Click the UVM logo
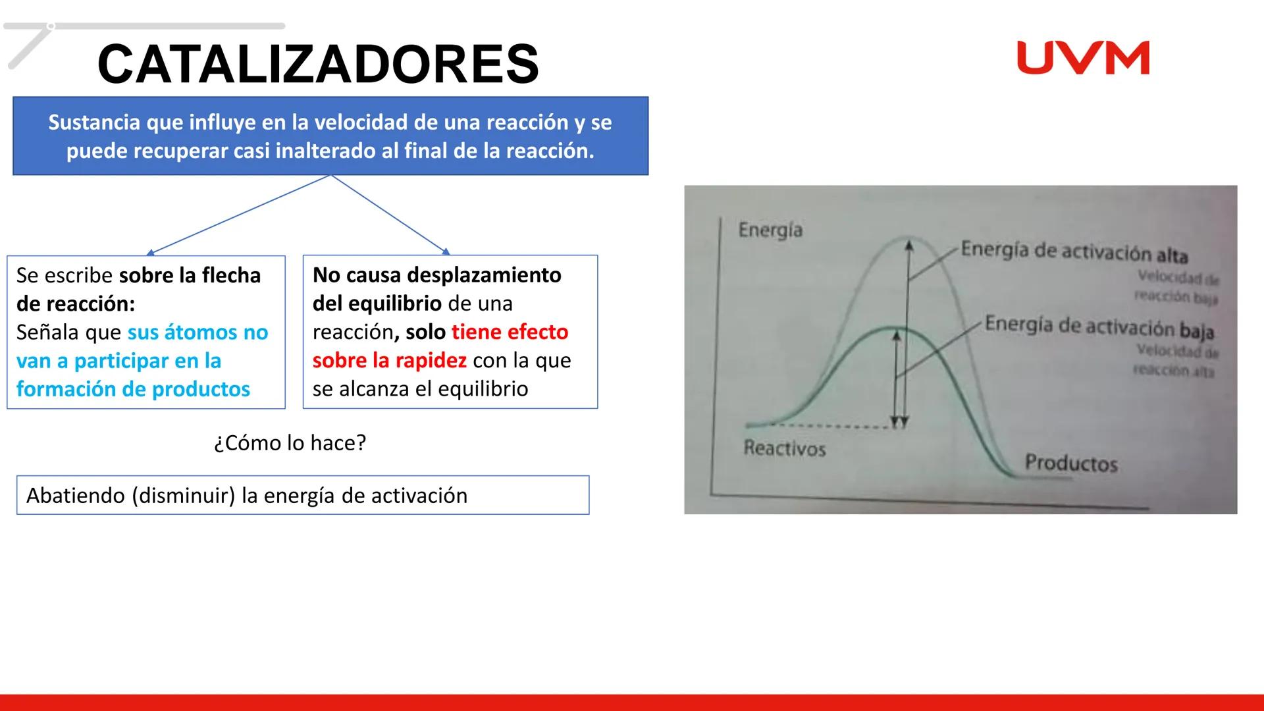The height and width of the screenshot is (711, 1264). pyautogui.click(x=1083, y=58)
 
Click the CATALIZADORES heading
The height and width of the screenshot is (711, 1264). pyautogui.click(x=318, y=64)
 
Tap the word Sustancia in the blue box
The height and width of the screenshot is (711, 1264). pyautogui.click(x=93, y=122)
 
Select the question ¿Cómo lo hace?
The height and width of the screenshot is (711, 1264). pyautogui.click(x=290, y=442)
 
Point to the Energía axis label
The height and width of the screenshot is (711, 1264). pyautogui.click(x=770, y=230)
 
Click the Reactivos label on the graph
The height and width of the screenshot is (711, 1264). pyautogui.click(x=784, y=449)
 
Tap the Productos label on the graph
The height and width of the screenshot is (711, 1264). pyautogui.click(x=1071, y=463)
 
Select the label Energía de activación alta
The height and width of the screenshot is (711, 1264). pyautogui.click(x=1074, y=251)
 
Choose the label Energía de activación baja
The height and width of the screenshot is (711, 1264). pyautogui.click(x=1098, y=327)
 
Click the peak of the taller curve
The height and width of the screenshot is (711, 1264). pyautogui.click(x=909, y=238)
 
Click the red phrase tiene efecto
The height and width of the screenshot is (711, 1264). pyautogui.click(x=510, y=332)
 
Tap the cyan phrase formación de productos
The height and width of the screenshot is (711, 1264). pyautogui.click(x=133, y=389)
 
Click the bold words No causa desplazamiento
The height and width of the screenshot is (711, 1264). pyautogui.click(x=436, y=275)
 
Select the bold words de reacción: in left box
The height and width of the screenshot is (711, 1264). pyautogui.click(x=75, y=303)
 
